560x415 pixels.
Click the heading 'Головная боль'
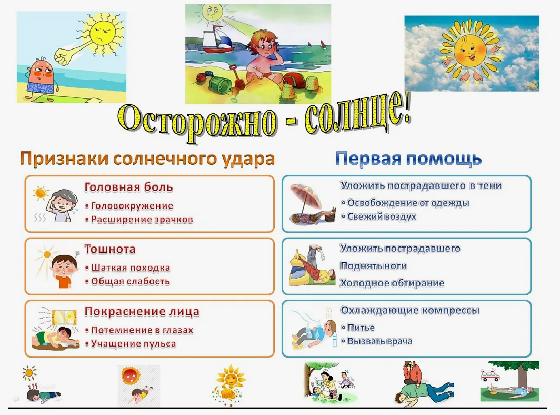click(x=128, y=187)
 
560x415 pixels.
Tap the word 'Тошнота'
click(x=109, y=249)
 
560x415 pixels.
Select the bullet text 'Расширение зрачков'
click(x=142, y=220)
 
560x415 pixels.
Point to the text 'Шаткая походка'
click(x=131, y=268)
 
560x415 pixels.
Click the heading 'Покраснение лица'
click(x=142, y=311)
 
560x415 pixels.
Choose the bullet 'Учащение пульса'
click(x=133, y=343)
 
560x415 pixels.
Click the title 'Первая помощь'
click(x=408, y=159)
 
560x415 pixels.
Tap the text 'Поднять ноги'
click(x=373, y=266)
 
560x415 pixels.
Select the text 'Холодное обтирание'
click(x=392, y=283)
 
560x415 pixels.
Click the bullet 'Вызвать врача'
click(x=379, y=341)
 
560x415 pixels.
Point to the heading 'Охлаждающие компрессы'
click(x=409, y=310)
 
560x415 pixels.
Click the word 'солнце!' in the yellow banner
click(x=357, y=114)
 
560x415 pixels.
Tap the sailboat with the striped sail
click(x=216, y=40)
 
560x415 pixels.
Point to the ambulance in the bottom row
click(x=489, y=376)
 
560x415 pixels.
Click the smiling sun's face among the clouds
click(x=467, y=51)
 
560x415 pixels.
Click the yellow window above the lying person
click(x=64, y=317)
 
